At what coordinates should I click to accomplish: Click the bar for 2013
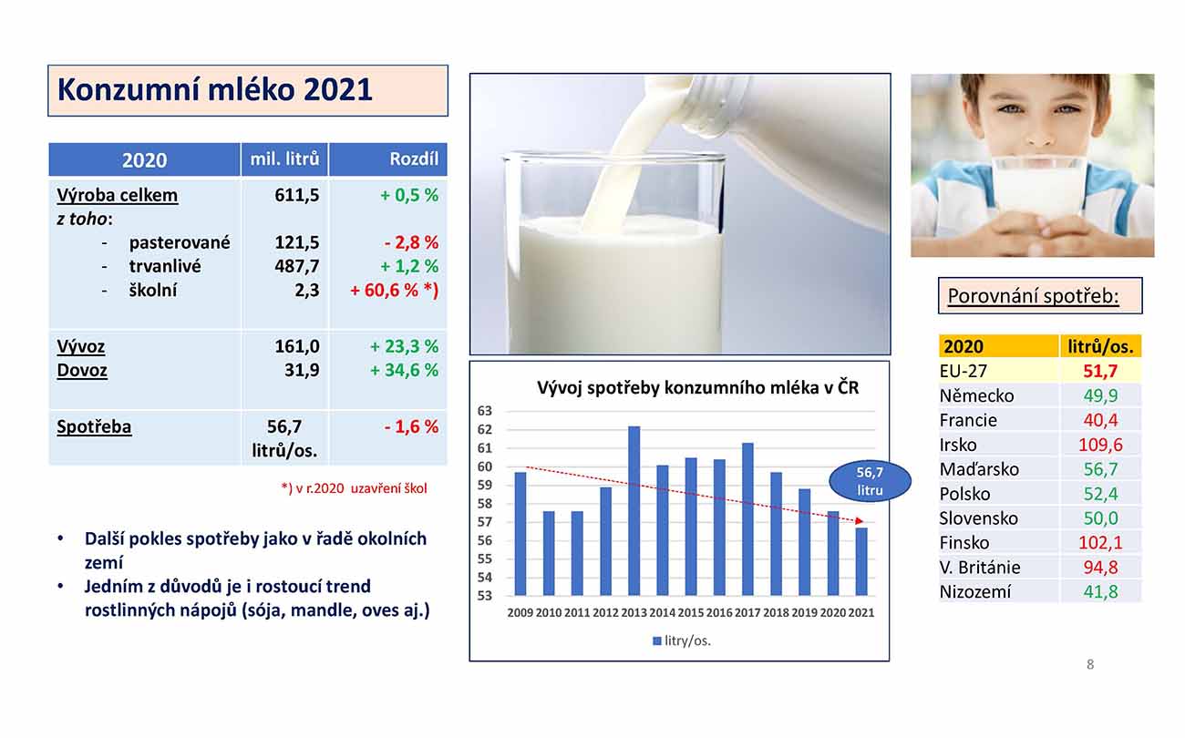634,511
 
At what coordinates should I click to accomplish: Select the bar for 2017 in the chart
747,519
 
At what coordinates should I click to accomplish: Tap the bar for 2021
861,561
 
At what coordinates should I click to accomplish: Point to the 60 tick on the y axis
485,466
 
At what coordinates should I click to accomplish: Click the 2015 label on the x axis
690,612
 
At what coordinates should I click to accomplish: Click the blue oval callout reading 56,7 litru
870,480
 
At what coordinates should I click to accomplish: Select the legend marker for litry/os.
657,641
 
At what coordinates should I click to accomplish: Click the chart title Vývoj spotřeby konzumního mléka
697,387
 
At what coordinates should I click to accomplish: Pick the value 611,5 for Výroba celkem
297,195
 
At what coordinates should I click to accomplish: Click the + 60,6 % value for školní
394,291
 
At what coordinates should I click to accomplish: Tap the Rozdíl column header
414,159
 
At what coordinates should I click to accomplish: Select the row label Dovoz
82,370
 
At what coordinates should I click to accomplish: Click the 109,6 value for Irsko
1100,445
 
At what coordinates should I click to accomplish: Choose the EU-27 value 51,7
1100,371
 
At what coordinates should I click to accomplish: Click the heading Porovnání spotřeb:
1033,295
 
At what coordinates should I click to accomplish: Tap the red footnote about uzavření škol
354,488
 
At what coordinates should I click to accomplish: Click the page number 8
1090,664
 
